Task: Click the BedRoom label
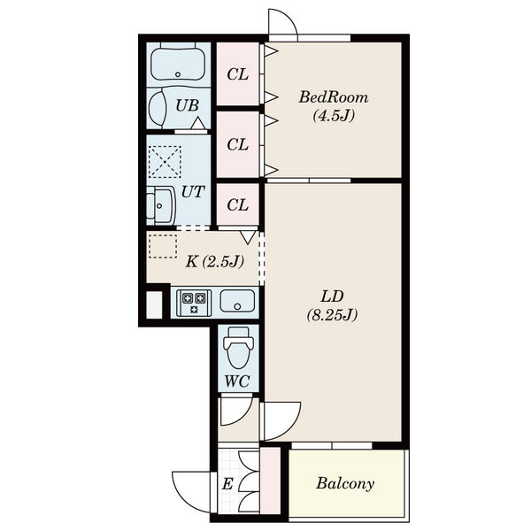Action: [334, 97]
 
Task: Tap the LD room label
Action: [332, 296]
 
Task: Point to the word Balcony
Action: [345, 483]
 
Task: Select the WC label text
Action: [237, 381]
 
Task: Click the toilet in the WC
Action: [238, 348]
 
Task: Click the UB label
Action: [188, 105]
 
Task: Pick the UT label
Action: [193, 192]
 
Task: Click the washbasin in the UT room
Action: [160, 205]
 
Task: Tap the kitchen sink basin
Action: [237, 301]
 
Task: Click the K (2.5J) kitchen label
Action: [215, 261]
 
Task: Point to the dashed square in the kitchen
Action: [163, 246]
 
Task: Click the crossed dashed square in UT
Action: [165, 162]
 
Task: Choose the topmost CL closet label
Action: [238, 74]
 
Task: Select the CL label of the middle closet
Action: [238, 145]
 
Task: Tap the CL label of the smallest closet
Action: [238, 205]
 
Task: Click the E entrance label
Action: [227, 484]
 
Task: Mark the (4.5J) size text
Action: [334, 116]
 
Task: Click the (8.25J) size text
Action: [332, 315]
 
